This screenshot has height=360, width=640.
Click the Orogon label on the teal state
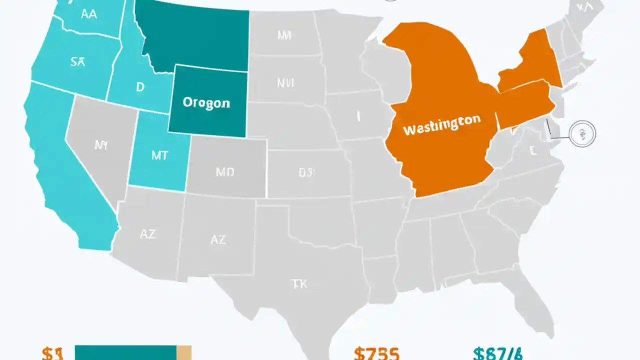click(x=206, y=103)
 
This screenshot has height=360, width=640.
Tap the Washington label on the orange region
click(x=441, y=124)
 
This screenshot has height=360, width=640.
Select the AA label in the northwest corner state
click(x=88, y=14)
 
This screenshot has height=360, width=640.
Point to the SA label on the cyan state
click(x=77, y=62)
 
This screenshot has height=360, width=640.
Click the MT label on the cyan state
click(x=160, y=155)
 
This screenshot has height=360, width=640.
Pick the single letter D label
click(x=140, y=87)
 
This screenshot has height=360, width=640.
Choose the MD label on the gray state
click(x=225, y=172)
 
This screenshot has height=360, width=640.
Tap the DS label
click(x=307, y=173)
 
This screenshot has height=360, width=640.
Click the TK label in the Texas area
click(x=298, y=284)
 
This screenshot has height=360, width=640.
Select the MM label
click(x=284, y=35)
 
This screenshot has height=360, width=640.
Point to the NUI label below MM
click(x=285, y=82)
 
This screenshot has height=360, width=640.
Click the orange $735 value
click(x=376, y=353)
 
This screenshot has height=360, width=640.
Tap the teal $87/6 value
click(x=497, y=353)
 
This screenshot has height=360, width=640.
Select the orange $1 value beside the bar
click(x=52, y=353)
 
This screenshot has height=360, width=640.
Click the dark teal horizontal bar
click(x=125, y=352)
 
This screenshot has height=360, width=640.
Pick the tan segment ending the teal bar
click(x=184, y=352)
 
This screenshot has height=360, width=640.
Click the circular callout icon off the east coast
click(x=582, y=133)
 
